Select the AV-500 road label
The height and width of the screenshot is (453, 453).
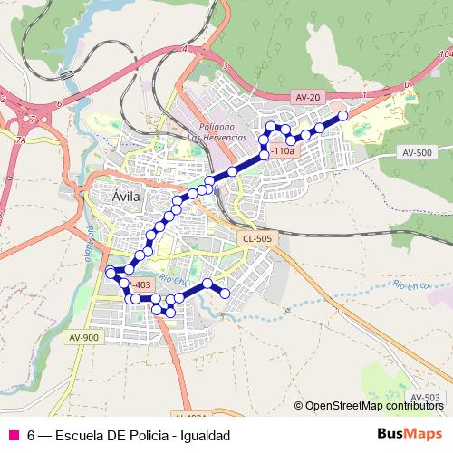pyautogui.click(x=417, y=152)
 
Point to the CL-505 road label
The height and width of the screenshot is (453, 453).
pyautogui.click(x=257, y=238)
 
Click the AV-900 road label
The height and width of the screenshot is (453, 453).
pyautogui.click(x=82, y=337)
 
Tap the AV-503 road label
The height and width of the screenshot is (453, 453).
pyautogui.click(x=425, y=398)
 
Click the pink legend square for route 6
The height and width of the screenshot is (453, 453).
pyautogui.click(x=13, y=435)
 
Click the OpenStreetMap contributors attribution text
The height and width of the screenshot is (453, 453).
pyautogui.click(x=371, y=406)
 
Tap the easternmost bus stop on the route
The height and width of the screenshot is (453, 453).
pyautogui.click(x=343, y=115)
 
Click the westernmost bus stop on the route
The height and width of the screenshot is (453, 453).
pyautogui.click(x=111, y=272)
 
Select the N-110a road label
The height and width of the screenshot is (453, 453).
pyautogui.click(x=282, y=152)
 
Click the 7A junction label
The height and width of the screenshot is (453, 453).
pyautogui.click(x=20, y=140)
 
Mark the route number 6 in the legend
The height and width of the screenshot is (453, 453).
pyautogui.click(x=31, y=435)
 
